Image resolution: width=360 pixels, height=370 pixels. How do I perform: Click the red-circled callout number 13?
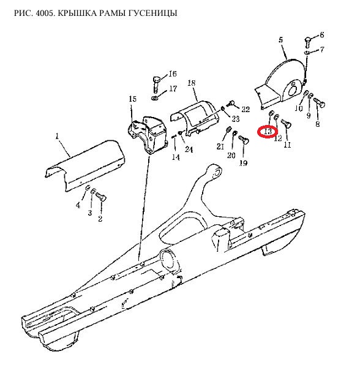(x=268, y=132)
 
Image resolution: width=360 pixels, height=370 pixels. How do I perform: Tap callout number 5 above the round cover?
(x=280, y=40)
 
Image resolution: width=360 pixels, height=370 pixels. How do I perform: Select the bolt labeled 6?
(x=307, y=42)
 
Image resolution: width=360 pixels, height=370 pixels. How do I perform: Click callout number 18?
(x=192, y=83)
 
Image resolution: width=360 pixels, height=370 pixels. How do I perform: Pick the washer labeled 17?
(x=154, y=97)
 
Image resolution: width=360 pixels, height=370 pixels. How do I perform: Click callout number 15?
(x=133, y=99)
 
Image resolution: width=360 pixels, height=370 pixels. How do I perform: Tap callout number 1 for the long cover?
(x=57, y=137)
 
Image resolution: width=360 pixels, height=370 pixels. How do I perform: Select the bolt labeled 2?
(x=101, y=196)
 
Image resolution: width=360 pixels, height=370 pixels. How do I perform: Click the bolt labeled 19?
(x=244, y=139)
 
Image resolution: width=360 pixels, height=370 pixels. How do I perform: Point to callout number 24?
(x=189, y=149)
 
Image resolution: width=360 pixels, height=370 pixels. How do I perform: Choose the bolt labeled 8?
(x=320, y=103)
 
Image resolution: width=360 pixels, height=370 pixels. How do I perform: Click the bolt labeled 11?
(x=287, y=123)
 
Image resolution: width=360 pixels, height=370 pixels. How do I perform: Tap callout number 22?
(x=246, y=109)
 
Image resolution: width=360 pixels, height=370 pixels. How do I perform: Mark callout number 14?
(x=176, y=157)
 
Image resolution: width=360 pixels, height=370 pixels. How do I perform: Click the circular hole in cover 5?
(x=293, y=89)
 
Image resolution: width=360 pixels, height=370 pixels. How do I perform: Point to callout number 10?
(x=299, y=108)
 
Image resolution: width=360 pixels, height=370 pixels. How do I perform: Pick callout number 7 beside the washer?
(x=322, y=50)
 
